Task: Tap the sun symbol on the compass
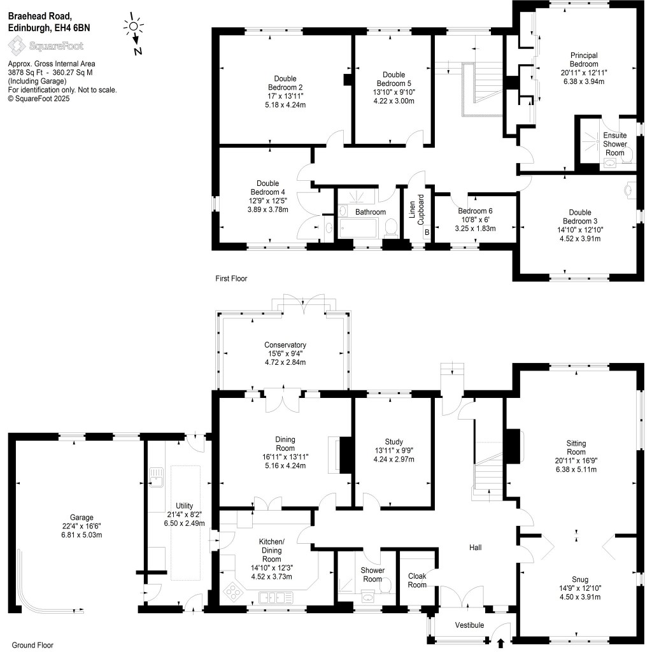133,26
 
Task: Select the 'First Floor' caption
230,279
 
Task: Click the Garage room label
81,518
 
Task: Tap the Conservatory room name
286,345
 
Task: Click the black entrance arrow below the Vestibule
499,643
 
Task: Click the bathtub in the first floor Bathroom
362,228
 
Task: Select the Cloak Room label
417,580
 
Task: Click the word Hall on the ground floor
475,547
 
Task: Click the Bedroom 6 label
475,211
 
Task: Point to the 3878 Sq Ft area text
27,73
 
